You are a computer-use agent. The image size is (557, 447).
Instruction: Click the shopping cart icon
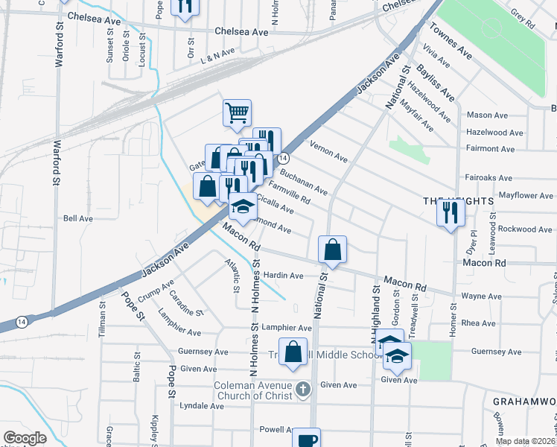tap(237, 113)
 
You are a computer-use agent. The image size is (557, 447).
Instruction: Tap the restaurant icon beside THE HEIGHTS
tap(451, 213)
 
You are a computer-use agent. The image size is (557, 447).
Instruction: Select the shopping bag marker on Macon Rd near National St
tap(332, 250)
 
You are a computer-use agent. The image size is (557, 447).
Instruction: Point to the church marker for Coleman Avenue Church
tap(302, 389)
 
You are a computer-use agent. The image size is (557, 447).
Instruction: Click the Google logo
tap(25, 438)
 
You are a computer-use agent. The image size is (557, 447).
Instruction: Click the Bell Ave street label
tap(77, 219)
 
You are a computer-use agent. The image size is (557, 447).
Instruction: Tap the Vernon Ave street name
tap(328, 153)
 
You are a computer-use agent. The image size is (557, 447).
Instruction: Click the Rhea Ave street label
tap(478, 323)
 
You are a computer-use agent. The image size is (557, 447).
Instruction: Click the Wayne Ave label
tap(481, 296)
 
